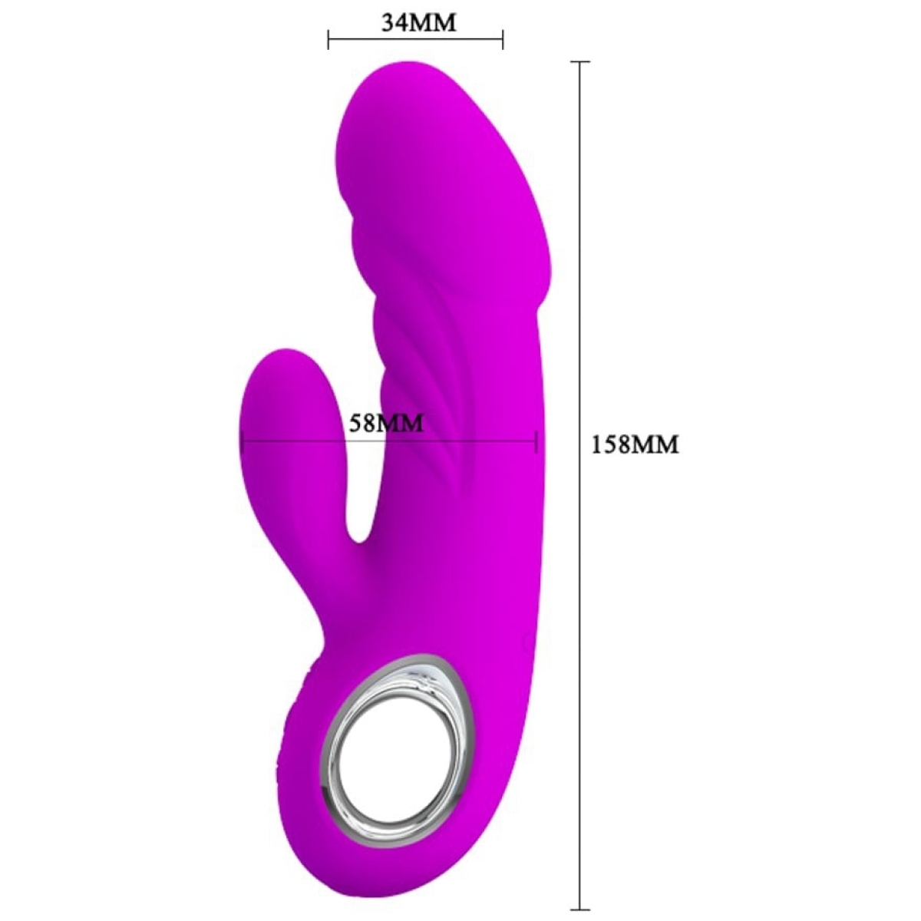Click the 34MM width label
pos(419,22)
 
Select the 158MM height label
pos(635,444)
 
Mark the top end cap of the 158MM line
pos(579,61)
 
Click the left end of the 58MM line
pos(242,441)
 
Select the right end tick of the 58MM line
pos(536,441)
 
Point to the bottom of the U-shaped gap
pos(359,537)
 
